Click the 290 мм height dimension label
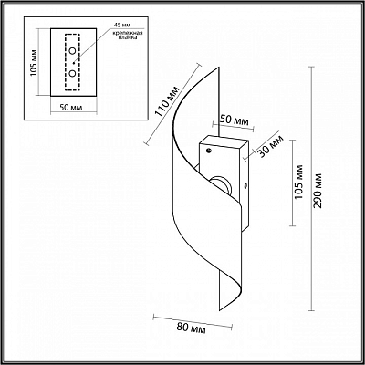click(x=318, y=191)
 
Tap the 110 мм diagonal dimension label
click(x=168, y=102)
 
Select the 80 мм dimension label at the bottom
click(x=191, y=328)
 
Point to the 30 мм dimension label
click(x=270, y=147)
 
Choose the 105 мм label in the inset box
click(x=34, y=63)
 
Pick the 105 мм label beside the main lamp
click(x=299, y=182)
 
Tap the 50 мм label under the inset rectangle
click(x=71, y=108)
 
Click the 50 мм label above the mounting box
click(x=234, y=120)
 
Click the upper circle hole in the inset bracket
click(x=72, y=51)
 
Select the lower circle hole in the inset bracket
click(x=72, y=73)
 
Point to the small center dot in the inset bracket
click(x=74, y=63)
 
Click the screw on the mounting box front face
click(x=209, y=151)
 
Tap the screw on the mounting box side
click(x=245, y=185)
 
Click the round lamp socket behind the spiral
click(x=222, y=184)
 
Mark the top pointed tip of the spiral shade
click(x=219, y=67)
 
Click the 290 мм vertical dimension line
click(x=311, y=189)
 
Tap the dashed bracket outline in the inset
click(x=66, y=62)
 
